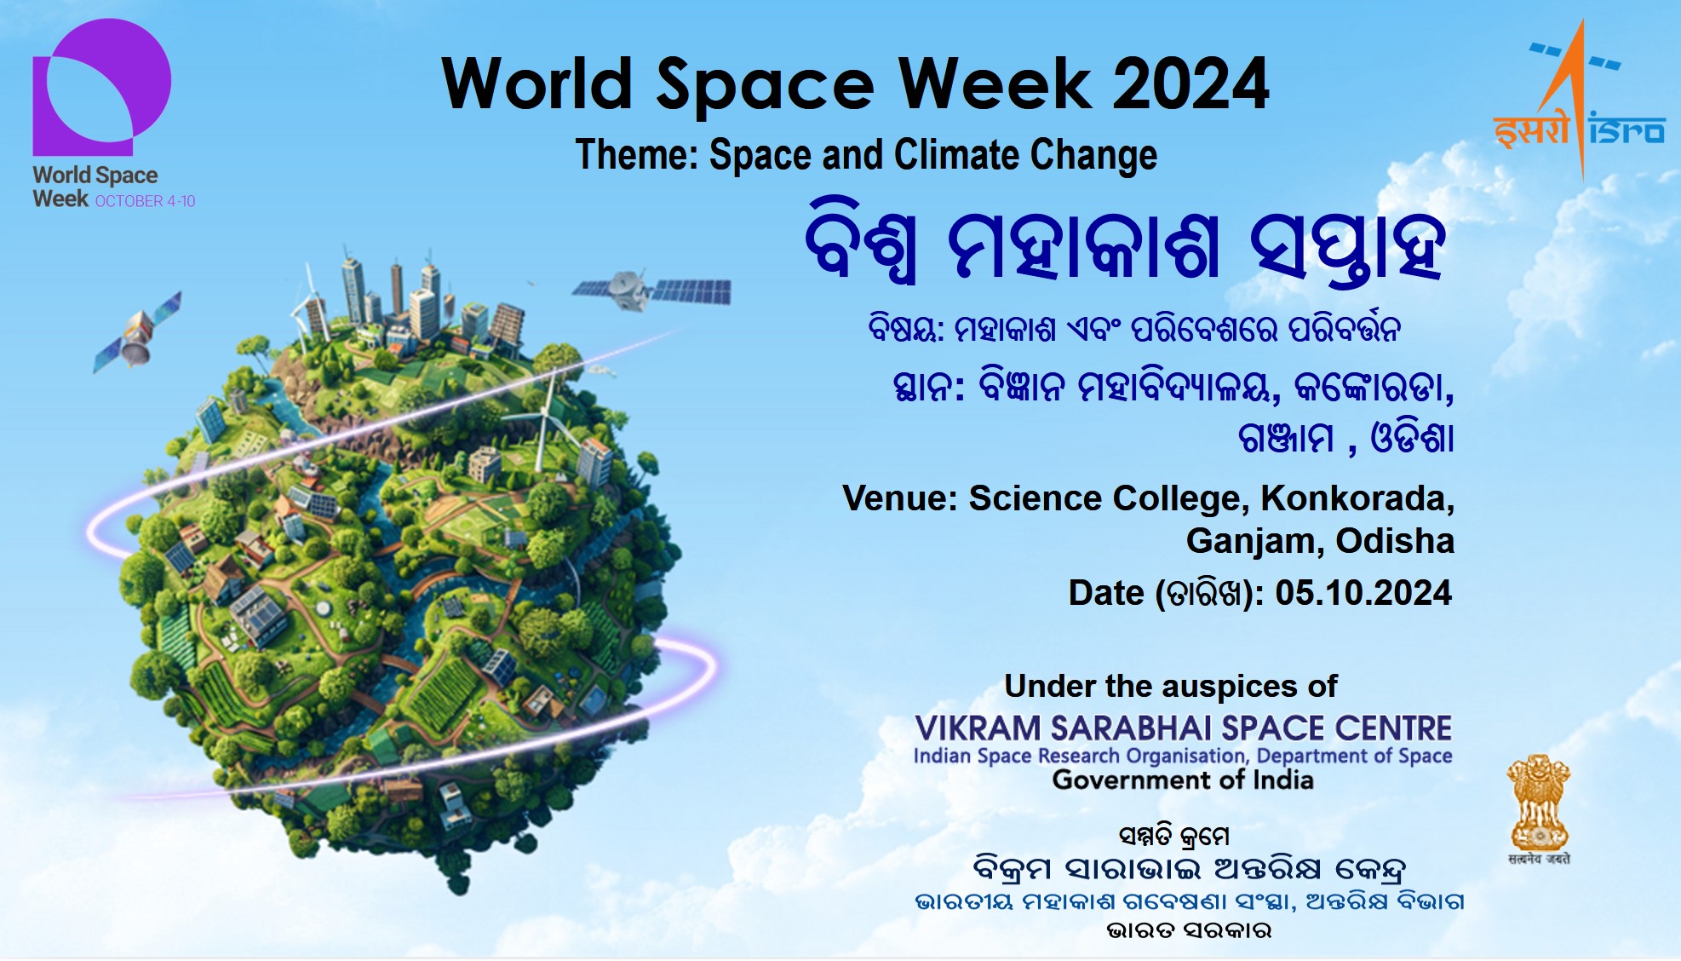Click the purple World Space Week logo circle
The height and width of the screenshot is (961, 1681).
(x=102, y=87)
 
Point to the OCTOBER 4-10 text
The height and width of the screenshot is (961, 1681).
(x=145, y=201)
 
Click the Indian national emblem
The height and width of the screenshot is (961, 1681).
(x=1539, y=809)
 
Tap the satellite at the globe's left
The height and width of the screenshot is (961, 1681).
(x=137, y=333)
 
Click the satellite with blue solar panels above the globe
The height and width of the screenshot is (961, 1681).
(x=651, y=290)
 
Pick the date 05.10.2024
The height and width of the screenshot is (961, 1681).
(x=1363, y=593)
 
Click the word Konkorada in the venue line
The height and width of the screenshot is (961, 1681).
(x=1357, y=498)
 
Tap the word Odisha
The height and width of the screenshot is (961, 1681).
(x=1395, y=541)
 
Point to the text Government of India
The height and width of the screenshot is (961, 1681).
(x=1183, y=780)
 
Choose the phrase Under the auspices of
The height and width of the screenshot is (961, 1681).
(x=1171, y=686)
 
